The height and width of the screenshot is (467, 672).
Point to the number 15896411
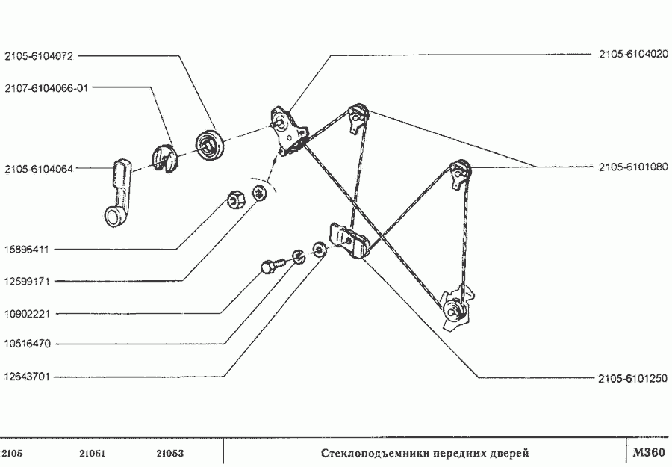pos(26,250)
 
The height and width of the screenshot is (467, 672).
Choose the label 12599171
pos(26,282)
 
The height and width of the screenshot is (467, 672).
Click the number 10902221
pos(26,314)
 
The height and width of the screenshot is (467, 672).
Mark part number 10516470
pos(26,344)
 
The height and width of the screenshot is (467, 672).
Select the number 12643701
pos(26,377)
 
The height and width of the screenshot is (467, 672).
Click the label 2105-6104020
pos(632,55)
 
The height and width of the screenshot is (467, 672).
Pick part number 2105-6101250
pos(632,377)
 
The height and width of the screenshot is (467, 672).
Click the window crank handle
pos(116,193)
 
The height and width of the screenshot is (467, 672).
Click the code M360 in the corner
pos(647,452)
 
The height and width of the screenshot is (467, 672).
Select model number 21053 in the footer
pos(170,453)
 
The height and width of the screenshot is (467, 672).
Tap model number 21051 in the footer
pos(93,453)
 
